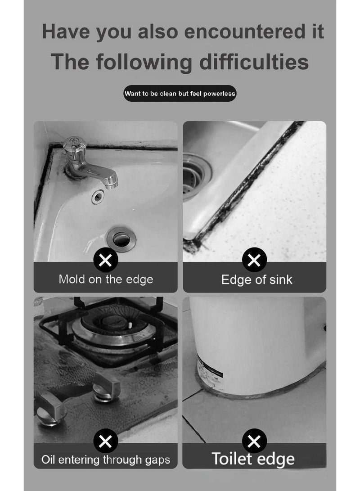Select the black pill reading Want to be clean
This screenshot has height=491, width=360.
click(180, 94)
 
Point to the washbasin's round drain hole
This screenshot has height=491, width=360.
click(121, 238)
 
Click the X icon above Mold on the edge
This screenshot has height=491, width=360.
click(105, 260)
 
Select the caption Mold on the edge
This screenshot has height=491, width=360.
click(106, 279)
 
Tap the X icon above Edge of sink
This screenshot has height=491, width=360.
click(254, 260)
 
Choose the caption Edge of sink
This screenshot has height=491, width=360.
click(256, 279)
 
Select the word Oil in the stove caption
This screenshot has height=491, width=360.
click(48, 459)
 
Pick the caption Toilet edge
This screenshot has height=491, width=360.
click(253, 459)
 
